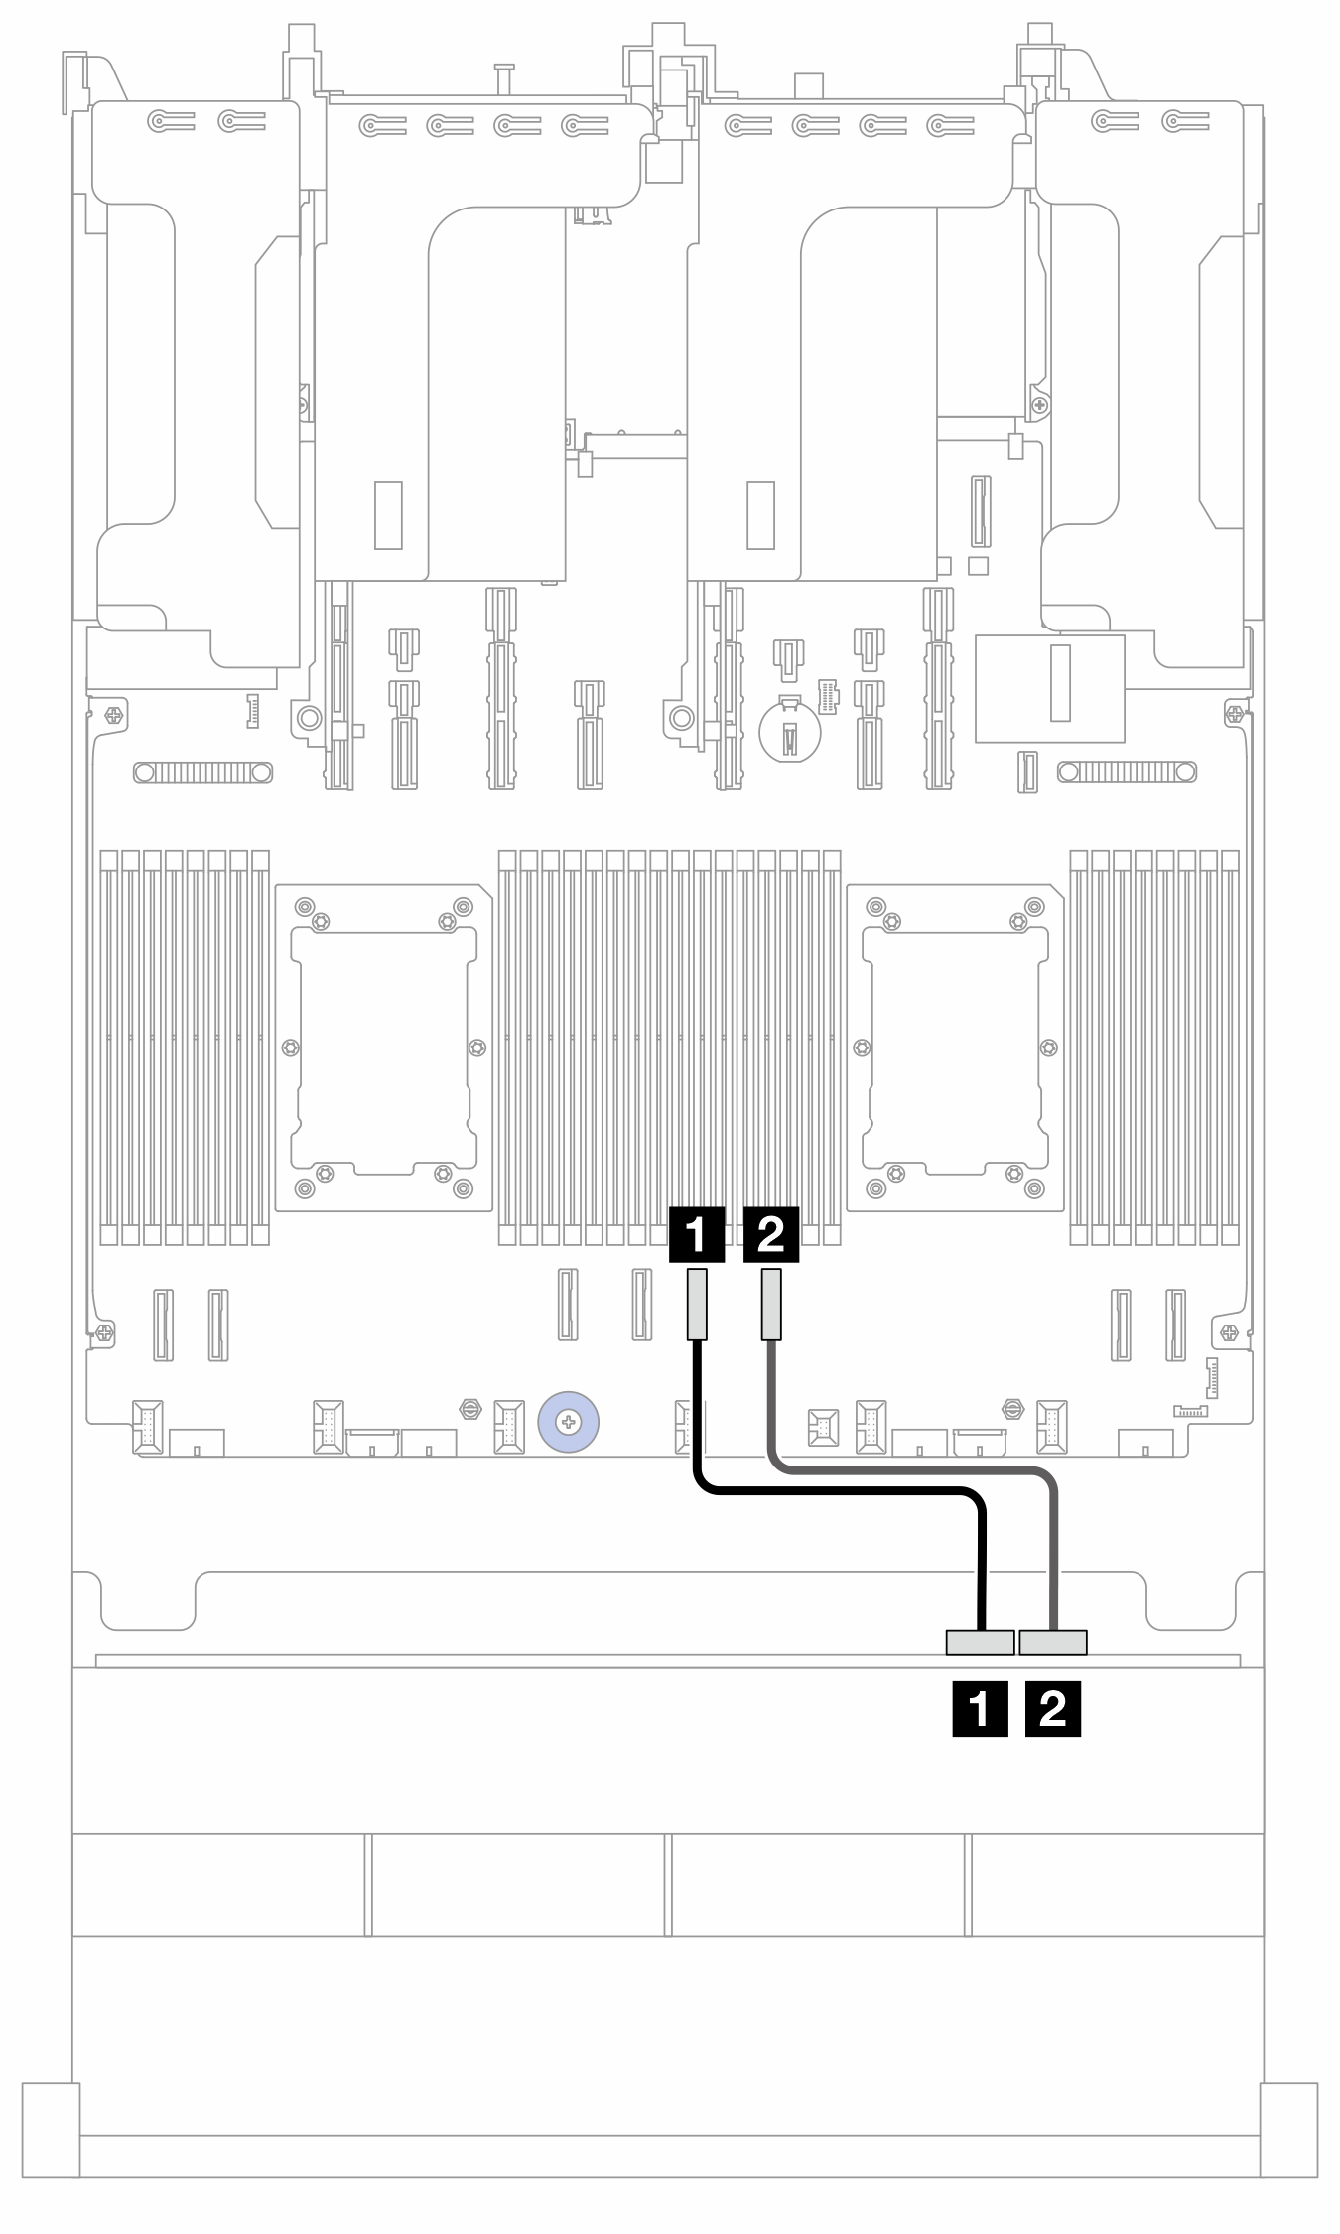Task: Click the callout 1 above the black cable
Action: pos(697,1234)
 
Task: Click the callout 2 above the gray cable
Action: pos(770,1234)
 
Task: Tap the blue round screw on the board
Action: pos(568,1423)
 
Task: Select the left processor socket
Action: pos(383,1047)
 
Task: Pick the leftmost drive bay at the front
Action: pos(219,1885)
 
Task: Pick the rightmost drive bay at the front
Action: pos(1117,1885)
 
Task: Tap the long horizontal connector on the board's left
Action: pos(202,771)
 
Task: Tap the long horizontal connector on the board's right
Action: pos(1127,771)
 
